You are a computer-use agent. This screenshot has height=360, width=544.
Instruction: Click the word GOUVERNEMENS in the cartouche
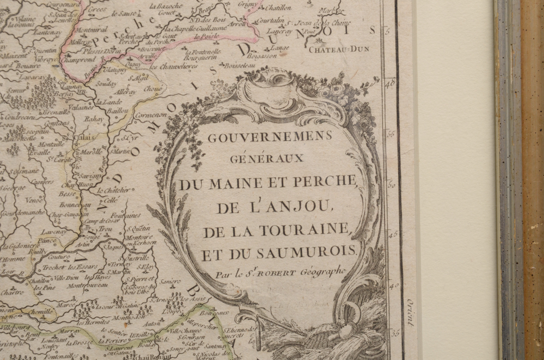[269, 137]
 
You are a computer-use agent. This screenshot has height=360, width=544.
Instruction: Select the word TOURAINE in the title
[311, 230]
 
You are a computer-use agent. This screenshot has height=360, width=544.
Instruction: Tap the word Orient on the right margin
[410, 312]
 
